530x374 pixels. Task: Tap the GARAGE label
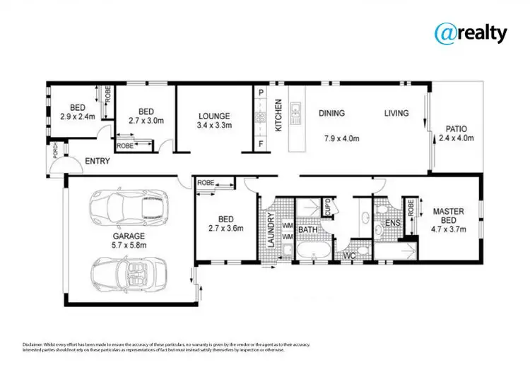[x=128, y=236]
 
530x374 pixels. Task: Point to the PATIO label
[x=456, y=129]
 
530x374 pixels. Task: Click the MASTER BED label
[x=448, y=215]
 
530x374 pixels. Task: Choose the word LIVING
[x=397, y=113]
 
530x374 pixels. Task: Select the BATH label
[x=308, y=230]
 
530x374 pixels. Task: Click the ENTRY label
[x=97, y=162]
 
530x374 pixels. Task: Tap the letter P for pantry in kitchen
[x=260, y=93]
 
